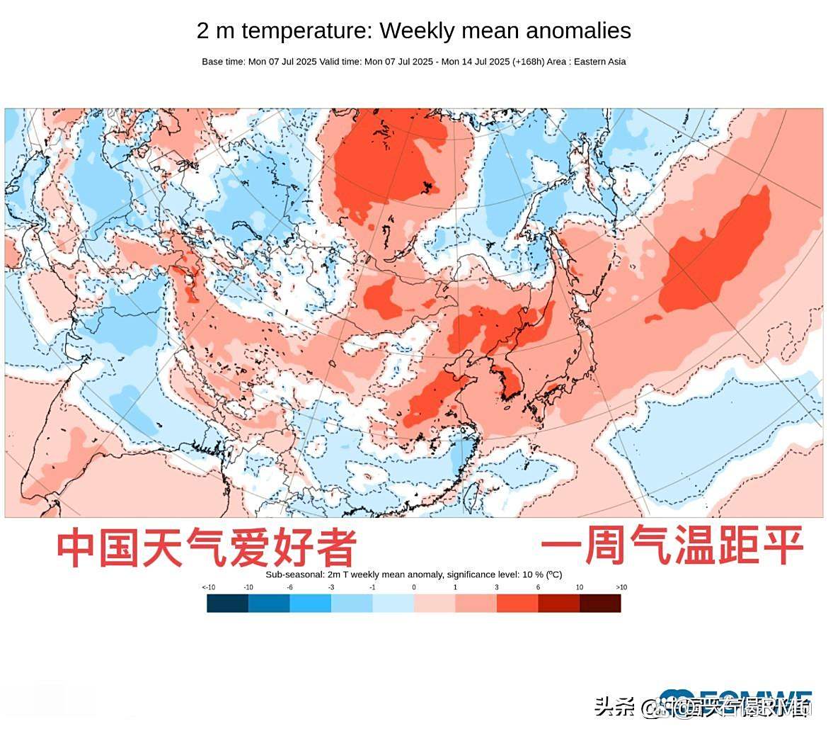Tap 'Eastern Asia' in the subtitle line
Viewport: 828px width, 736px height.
pyautogui.click(x=599, y=62)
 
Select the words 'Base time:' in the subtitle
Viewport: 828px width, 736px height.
pyautogui.click(x=223, y=62)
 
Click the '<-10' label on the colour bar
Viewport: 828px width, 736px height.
pyautogui.click(x=208, y=587)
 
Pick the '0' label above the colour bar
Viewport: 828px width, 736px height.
pyautogui.click(x=414, y=587)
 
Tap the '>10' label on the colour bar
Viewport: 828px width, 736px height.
pyautogui.click(x=621, y=587)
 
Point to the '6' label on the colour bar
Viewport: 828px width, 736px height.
pyautogui.click(x=538, y=587)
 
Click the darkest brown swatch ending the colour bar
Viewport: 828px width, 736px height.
pyautogui.click(x=600, y=604)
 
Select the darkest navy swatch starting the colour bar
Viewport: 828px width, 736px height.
pyautogui.click(x=227, y=604)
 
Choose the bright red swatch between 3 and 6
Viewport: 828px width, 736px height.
pyautogui.click(x=517, y=604)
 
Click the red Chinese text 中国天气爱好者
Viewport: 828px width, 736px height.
pyautogui.click(x=205, y=548)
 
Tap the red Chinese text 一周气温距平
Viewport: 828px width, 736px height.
pyautogui.click(x=672, y=545)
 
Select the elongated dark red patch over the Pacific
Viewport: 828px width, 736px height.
pyautogui.click(x=715, y=255)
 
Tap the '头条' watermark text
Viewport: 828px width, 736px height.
pyautogui.click(x=614, y=706)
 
